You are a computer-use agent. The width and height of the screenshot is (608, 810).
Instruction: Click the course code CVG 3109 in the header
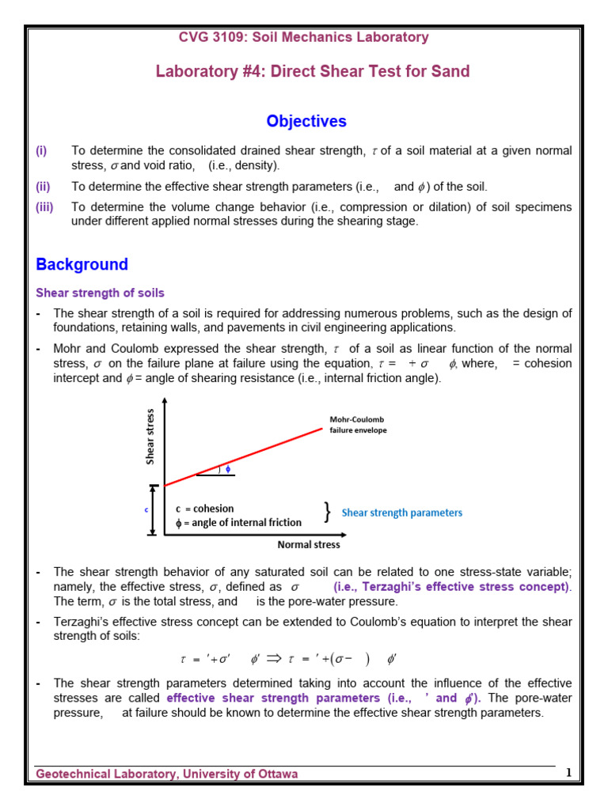click(213, 37)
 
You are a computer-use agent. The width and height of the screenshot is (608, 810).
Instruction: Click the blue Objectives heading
click(306, 121)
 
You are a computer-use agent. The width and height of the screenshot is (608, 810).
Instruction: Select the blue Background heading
click(82, 264)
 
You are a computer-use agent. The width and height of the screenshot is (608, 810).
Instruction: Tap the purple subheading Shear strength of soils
click(100, 293)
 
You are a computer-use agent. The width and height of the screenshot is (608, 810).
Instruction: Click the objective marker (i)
click(41, 150)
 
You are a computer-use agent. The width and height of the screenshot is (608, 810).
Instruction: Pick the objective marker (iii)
click(44, 207)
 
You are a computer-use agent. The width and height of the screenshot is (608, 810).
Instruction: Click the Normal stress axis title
click(308, 545)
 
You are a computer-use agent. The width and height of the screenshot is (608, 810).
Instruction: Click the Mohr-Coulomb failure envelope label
click(358, 425)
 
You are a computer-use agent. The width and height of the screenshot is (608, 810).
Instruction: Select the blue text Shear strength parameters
click(401, 513)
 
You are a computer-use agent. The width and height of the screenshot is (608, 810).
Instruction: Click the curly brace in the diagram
click(327, 513)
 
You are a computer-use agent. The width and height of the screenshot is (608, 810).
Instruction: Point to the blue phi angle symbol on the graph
click(229, 468)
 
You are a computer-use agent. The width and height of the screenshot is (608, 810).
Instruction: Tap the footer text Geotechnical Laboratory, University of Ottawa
click(167, 774)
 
